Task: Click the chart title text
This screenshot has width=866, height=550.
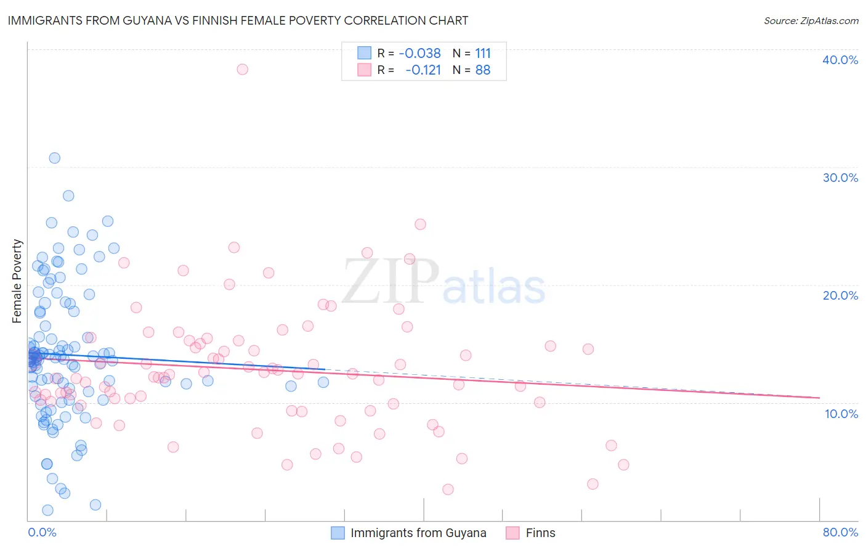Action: [238, 20]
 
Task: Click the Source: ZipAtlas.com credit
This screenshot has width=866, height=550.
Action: [811, 20]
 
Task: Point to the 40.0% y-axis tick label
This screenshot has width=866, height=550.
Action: [840, 60]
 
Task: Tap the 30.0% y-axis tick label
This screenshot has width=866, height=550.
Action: [840, 178]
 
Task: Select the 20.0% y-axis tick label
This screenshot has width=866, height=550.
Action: [840, 295]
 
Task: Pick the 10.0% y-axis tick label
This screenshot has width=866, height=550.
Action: [841, 413]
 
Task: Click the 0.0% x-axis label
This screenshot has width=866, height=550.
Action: [42, 532]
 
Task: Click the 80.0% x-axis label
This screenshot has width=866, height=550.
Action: [840, 532]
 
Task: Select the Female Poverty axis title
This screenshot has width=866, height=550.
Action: [17, 281]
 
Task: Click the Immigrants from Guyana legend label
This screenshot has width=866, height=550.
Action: [418, 533]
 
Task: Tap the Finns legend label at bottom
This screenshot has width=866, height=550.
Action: [540, 533]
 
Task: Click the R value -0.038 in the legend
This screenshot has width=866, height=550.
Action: [419, 53]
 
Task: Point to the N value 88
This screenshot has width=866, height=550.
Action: [483, 70]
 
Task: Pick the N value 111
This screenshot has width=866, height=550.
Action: [483, 53]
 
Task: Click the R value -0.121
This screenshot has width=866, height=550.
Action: [423, 70]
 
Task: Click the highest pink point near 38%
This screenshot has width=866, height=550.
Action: [242, 69]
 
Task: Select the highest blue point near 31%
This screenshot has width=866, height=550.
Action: [54, 158]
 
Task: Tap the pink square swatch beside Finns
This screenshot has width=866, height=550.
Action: [512, 533]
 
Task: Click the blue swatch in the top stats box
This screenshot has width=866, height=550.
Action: [365, 53]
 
